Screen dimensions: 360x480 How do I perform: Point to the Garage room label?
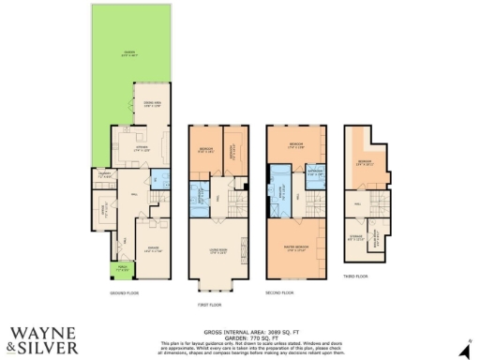click(150, 249)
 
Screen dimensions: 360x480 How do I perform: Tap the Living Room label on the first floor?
click(220, 250)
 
